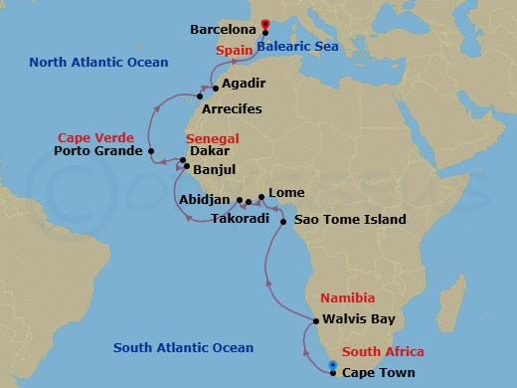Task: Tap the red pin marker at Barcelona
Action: pos(263,25)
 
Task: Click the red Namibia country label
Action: pos(347,297)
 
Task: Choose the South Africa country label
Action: pos(383,352)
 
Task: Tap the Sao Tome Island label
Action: pos(349,219)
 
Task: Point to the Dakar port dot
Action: pos(182,159)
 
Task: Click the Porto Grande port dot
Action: pos(151,152)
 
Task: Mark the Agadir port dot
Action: pos(215,89)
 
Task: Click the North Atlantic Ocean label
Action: pos(98,62)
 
